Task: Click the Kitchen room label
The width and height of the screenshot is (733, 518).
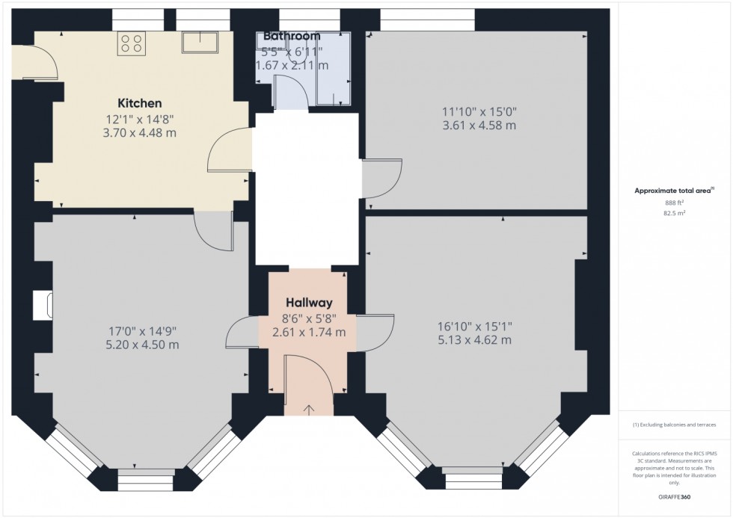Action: point(139,103)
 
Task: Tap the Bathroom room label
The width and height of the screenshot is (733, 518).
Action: point(291,36)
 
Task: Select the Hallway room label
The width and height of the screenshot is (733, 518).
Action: point(307,303)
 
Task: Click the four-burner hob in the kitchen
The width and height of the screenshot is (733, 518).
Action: point(132,44)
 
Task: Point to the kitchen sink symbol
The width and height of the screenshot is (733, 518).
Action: point(199,43)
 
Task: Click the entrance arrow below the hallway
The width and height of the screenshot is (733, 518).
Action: point(309,409)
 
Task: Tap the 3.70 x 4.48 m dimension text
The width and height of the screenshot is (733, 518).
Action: point(140,133)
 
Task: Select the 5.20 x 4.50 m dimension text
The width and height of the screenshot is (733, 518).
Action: point(142,345)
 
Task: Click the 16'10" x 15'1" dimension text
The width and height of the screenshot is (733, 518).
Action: point(475,326)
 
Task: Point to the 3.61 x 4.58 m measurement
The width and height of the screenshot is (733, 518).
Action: point(479,126)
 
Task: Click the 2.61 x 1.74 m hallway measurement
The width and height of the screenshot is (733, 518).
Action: point(308,332)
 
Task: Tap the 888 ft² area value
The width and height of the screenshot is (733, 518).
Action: point(675,202)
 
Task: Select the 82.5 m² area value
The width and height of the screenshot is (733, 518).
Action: point(675,212)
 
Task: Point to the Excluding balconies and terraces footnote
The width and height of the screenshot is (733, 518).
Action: point(675,425)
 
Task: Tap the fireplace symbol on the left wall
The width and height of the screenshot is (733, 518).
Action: point(42,305)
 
